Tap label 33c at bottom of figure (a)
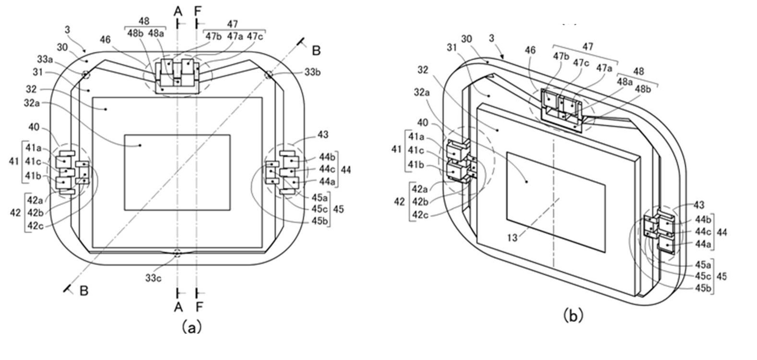(x=154, y=278)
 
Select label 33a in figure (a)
(x=45, y=60)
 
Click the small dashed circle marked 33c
(x=178, y=253)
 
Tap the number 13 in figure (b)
(x=512, y=238)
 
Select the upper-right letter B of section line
(x=316, y=50)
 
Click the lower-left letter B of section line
(x=83, y=291)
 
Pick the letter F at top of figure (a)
(x=198, y=10)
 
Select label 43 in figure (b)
(x=698, y=205)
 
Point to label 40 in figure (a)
(x=33, y=127)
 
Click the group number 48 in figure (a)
(x=143, y=21)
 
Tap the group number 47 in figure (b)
(x=588, y=47)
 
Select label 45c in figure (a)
(x=320, y=209)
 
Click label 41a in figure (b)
(x=416, y=136)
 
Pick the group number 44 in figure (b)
(x=722, y=232)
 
